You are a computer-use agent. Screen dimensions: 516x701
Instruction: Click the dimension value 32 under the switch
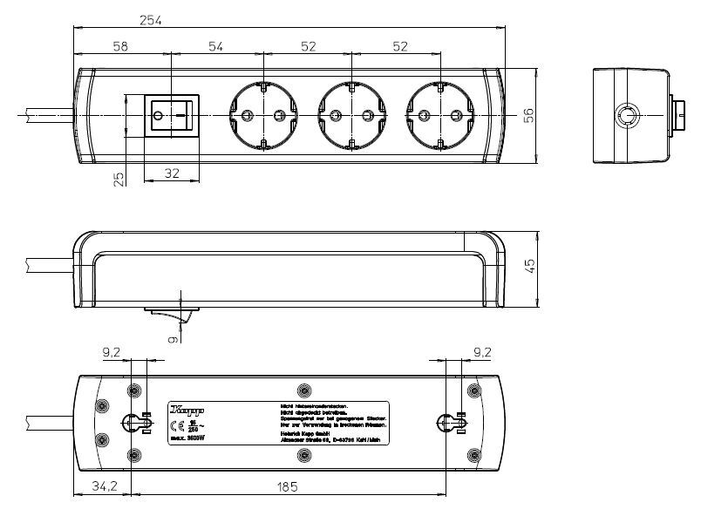pyautogui.click(x=172, y=173)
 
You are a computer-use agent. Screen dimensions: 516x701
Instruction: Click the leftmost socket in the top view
pyautogui.click(x=261, y=115)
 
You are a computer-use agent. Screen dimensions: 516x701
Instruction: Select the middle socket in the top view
pyautogui.click(x=349, y=115)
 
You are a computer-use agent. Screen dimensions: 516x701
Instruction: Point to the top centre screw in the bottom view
pyautogui.click(x=303, y=389)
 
